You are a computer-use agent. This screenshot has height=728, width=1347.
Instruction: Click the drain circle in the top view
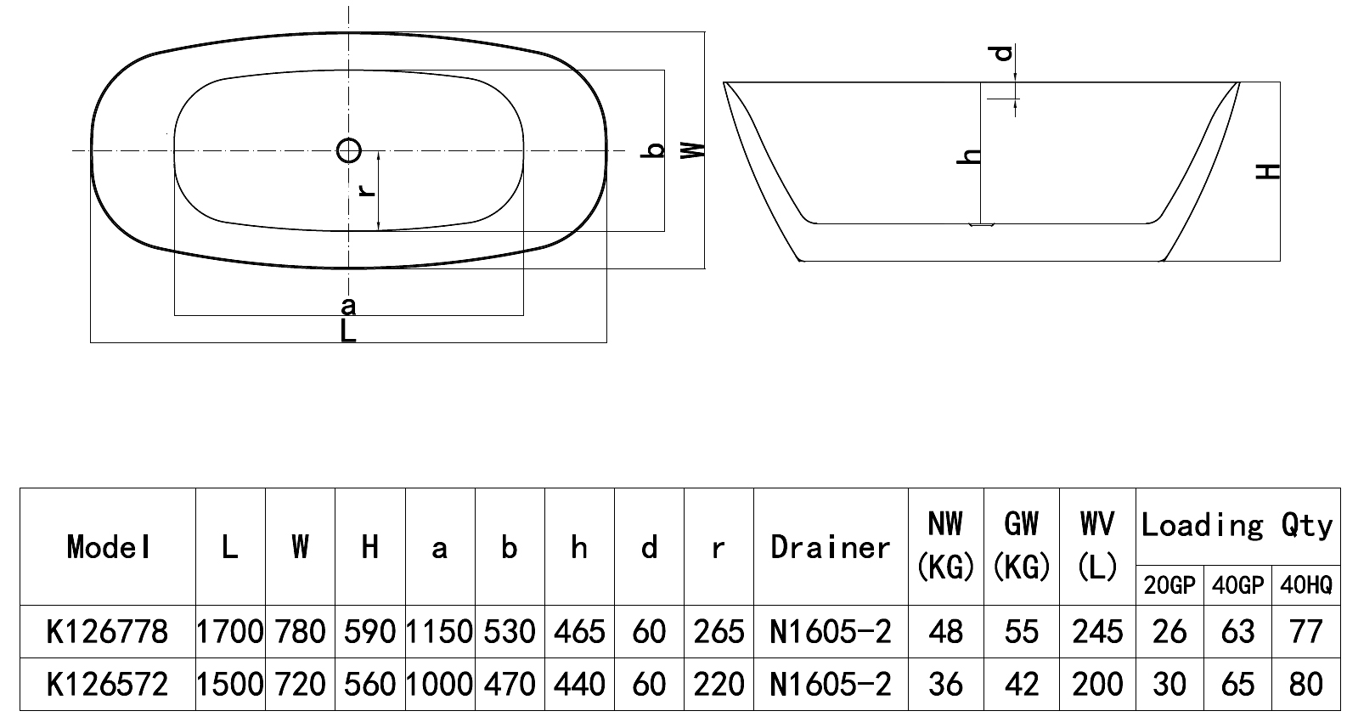(x=349, y=139)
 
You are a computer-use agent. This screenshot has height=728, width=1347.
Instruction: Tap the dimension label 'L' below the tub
(x=348, y=331)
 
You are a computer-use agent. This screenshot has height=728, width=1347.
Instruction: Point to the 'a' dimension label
(x=348, y=307)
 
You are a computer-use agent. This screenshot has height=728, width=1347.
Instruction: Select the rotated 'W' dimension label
(x=692, y=150)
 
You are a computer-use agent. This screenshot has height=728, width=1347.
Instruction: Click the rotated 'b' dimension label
(x=653, y=150)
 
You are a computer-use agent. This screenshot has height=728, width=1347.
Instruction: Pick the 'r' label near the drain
(x=366, y=191)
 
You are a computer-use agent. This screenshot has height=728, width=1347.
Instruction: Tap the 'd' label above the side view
(x=1003, y=54)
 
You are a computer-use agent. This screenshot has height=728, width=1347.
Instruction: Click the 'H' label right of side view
(x=1268, y=172)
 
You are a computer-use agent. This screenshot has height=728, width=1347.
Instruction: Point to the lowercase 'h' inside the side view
(x=969, y=156)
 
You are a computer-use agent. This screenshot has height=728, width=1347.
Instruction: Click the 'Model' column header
(x=108, y=548)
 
